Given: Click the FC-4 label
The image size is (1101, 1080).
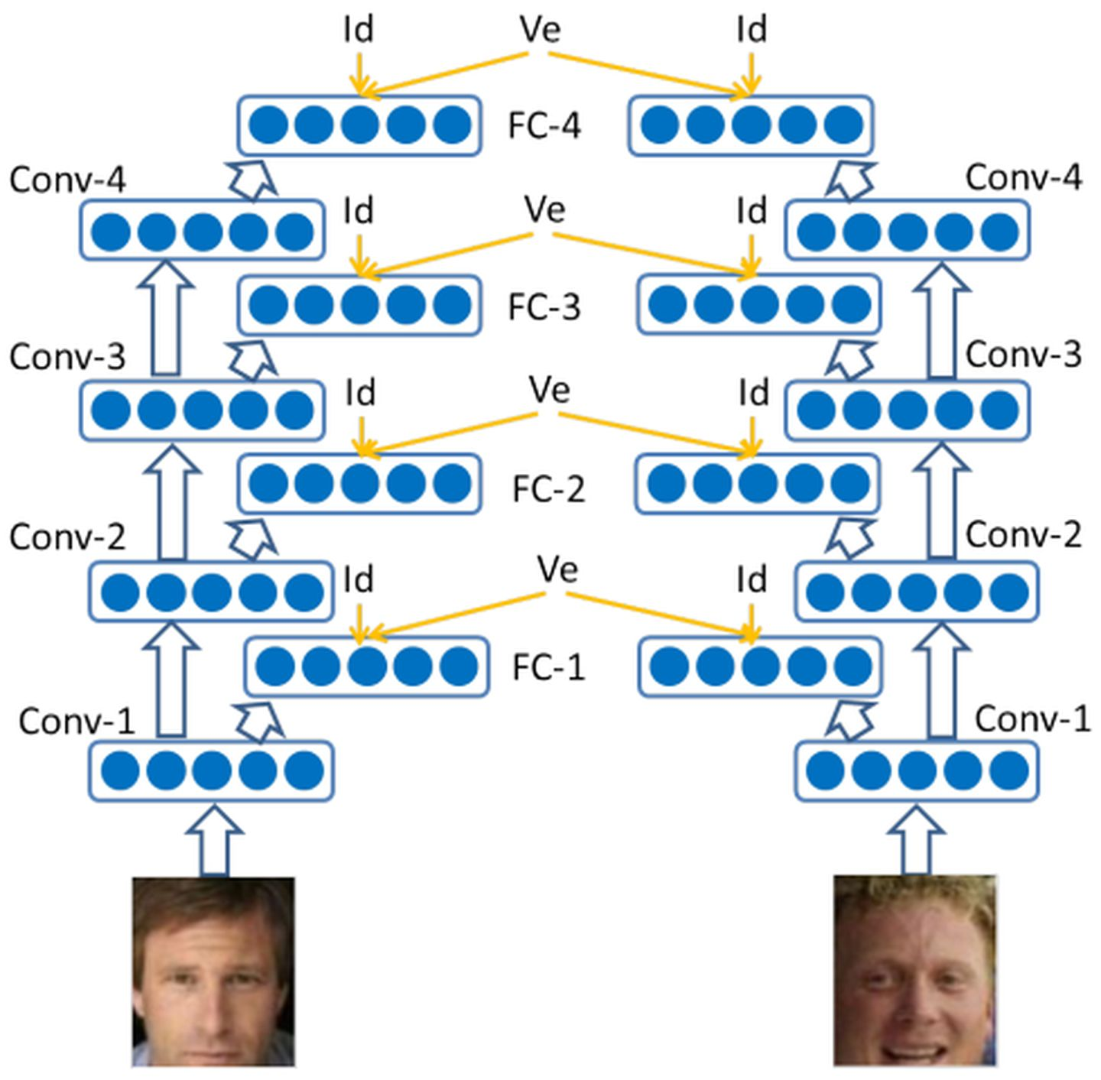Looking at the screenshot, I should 544,125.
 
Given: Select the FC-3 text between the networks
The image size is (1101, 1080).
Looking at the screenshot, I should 544,306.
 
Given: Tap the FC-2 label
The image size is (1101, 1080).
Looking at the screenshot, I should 548,488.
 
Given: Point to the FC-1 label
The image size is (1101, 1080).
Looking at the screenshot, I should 548,667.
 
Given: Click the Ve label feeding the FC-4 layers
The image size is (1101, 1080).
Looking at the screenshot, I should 540,29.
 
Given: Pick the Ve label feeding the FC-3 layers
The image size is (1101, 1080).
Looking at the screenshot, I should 544,209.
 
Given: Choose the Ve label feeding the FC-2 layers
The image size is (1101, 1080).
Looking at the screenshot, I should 549,390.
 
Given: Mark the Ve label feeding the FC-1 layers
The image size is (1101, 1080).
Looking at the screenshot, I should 557,569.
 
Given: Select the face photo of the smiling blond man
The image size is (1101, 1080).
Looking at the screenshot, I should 914,971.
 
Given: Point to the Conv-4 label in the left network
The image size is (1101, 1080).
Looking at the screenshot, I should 68,180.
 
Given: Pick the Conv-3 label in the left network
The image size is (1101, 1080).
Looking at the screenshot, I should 67,357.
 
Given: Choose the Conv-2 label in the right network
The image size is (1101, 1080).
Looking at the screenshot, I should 1023,534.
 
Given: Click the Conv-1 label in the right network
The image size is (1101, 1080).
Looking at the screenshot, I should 1032,718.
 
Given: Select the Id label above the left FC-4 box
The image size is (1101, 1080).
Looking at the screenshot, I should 358,30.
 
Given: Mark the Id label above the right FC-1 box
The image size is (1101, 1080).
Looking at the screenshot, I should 752,580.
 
